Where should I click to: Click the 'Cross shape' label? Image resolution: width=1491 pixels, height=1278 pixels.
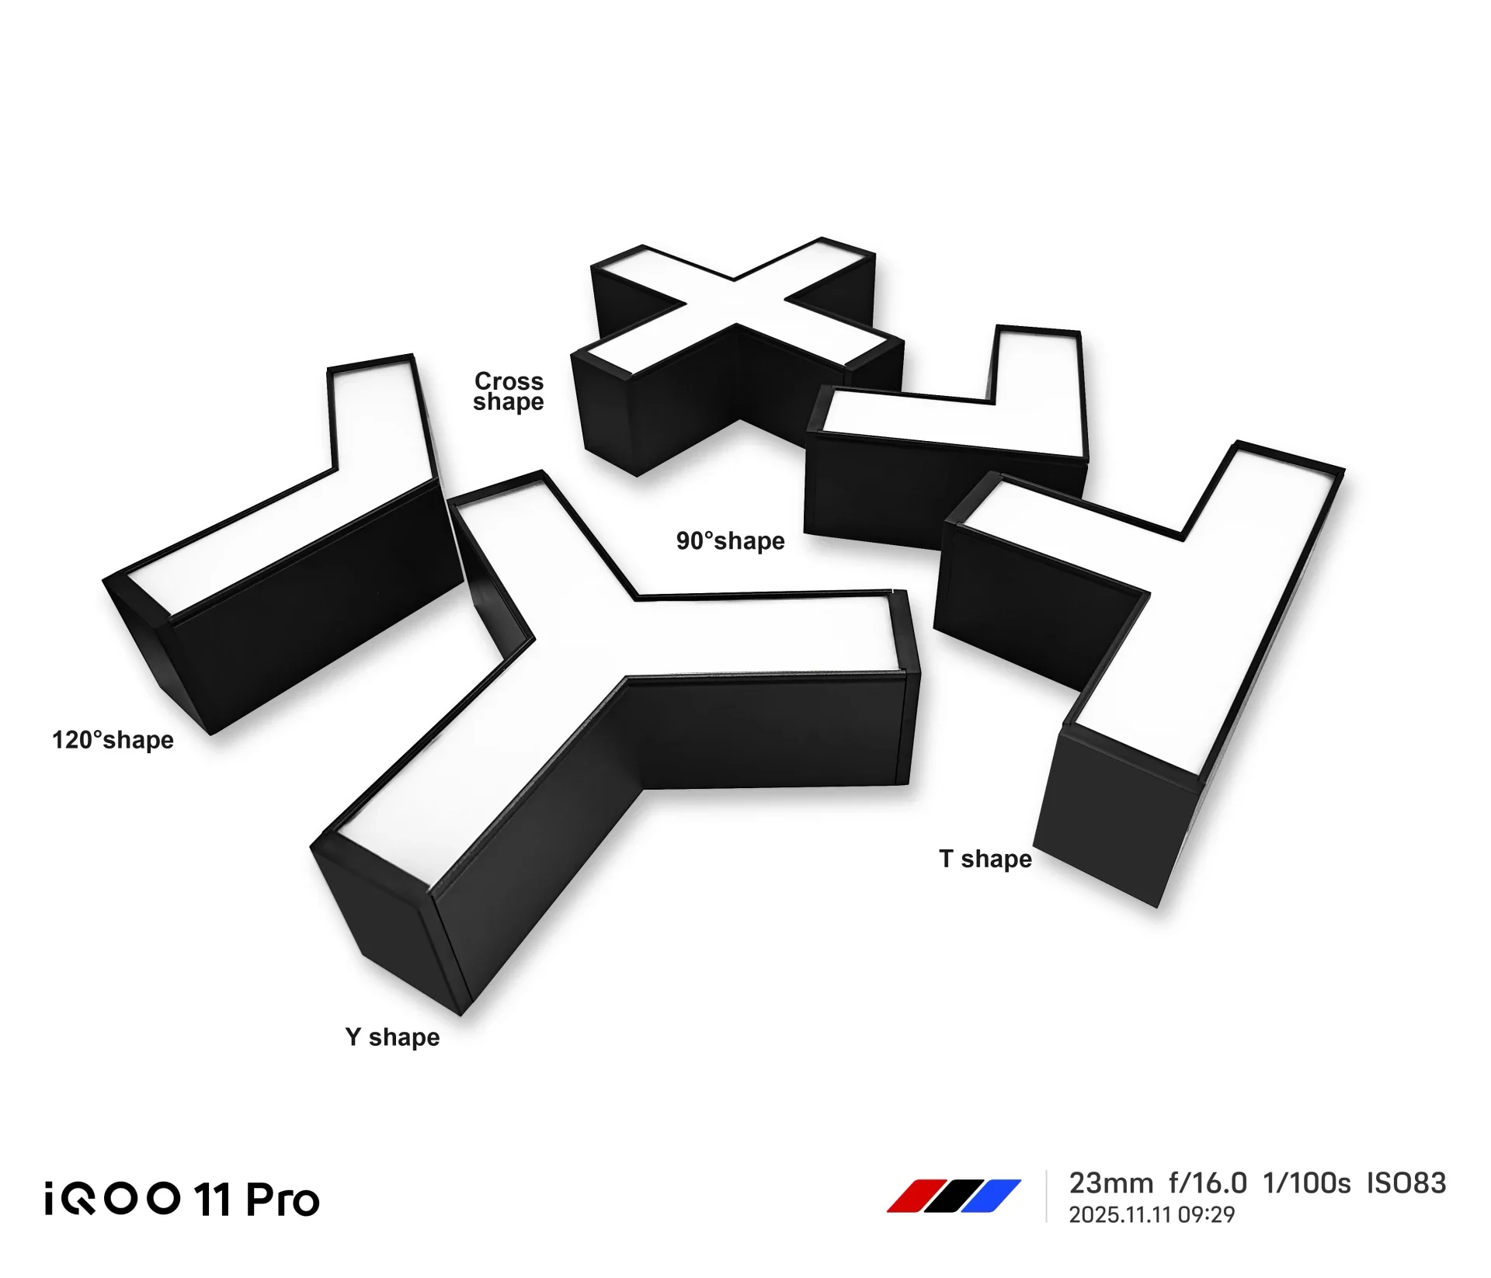coord(509,391)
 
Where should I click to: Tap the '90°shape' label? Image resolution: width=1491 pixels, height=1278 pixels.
coord(730,541)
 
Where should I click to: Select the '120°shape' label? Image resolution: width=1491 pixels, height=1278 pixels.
coord(113,740)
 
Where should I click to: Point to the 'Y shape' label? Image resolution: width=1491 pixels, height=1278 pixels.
coord(392,1037)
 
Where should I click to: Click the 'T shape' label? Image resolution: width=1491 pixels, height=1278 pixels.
coord(985,859)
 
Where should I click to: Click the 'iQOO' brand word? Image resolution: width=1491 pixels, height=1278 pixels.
coord(113,1199)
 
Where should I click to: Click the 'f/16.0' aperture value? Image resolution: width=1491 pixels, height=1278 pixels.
coord(1208,1183)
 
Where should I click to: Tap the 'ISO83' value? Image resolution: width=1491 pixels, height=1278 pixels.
coord(1406,1183)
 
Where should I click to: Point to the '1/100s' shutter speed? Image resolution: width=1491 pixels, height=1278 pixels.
coord(1307,1183)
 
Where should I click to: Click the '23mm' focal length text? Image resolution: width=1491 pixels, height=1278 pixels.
coord(1110,1183)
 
